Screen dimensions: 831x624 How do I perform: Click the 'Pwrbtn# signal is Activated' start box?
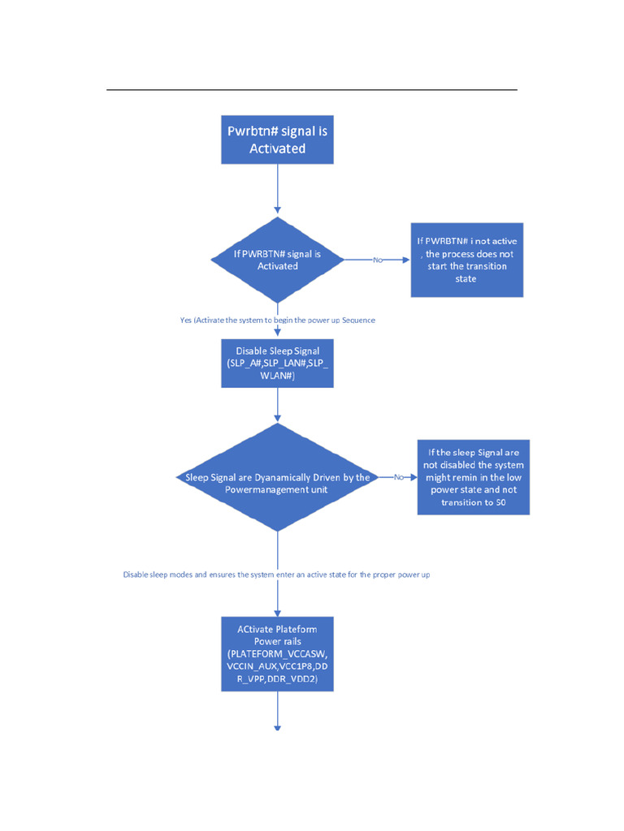277,140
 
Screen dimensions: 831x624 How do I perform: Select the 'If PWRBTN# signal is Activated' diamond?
277,260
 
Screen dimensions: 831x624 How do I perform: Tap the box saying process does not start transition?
466,260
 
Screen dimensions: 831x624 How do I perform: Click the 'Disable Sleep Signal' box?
277,363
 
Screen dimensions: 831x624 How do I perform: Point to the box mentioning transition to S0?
473,477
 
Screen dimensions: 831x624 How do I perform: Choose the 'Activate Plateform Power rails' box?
277,653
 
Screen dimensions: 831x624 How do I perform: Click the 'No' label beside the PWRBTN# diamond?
378,260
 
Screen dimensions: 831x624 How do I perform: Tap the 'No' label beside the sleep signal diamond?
399,477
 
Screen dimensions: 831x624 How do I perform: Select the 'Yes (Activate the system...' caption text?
277,320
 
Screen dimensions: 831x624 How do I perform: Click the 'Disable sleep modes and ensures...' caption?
276,575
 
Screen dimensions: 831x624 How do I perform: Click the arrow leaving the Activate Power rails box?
277,710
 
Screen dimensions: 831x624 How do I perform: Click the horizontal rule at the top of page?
312,89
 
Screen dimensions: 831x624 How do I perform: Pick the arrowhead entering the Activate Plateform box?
277,613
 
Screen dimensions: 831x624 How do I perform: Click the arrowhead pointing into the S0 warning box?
414,477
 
